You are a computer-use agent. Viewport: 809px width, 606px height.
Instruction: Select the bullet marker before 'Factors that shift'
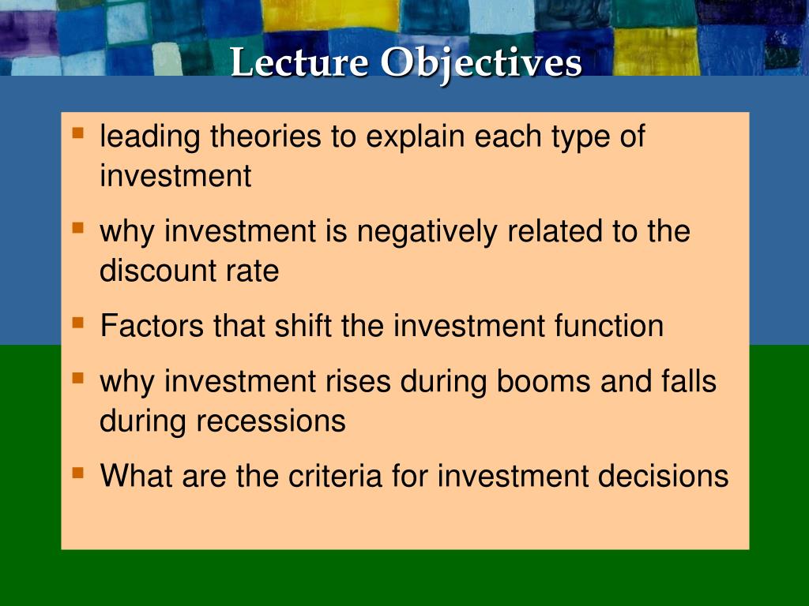pos(77,322)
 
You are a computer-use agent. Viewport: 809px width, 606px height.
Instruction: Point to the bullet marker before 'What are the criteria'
pos(77,473)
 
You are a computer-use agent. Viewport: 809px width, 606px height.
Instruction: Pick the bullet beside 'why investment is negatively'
pos(77,227)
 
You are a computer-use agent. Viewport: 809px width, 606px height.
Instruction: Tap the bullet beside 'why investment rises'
pos(77,378)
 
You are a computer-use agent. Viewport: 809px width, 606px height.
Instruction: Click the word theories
pos(265,137)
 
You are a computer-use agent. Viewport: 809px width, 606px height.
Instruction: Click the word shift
pos(304,326)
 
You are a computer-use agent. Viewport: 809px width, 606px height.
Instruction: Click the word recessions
pos(271,421)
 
